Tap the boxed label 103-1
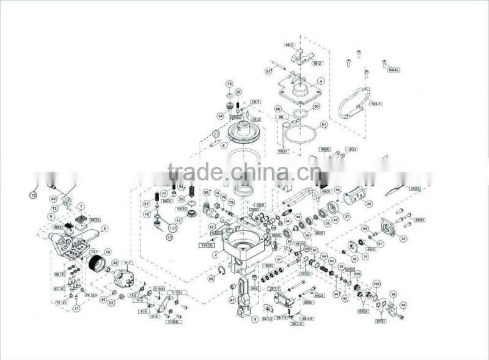(376, 104)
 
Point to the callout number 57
(268, 72)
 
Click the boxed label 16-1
(290, 45)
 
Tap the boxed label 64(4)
(394, 70)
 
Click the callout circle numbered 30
(403, 239)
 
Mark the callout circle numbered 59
(211, 279)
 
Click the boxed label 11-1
(128, 263)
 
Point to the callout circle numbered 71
(76, 309)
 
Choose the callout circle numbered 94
(403, 304)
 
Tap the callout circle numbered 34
(220, 116)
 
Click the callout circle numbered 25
(368, 204)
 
